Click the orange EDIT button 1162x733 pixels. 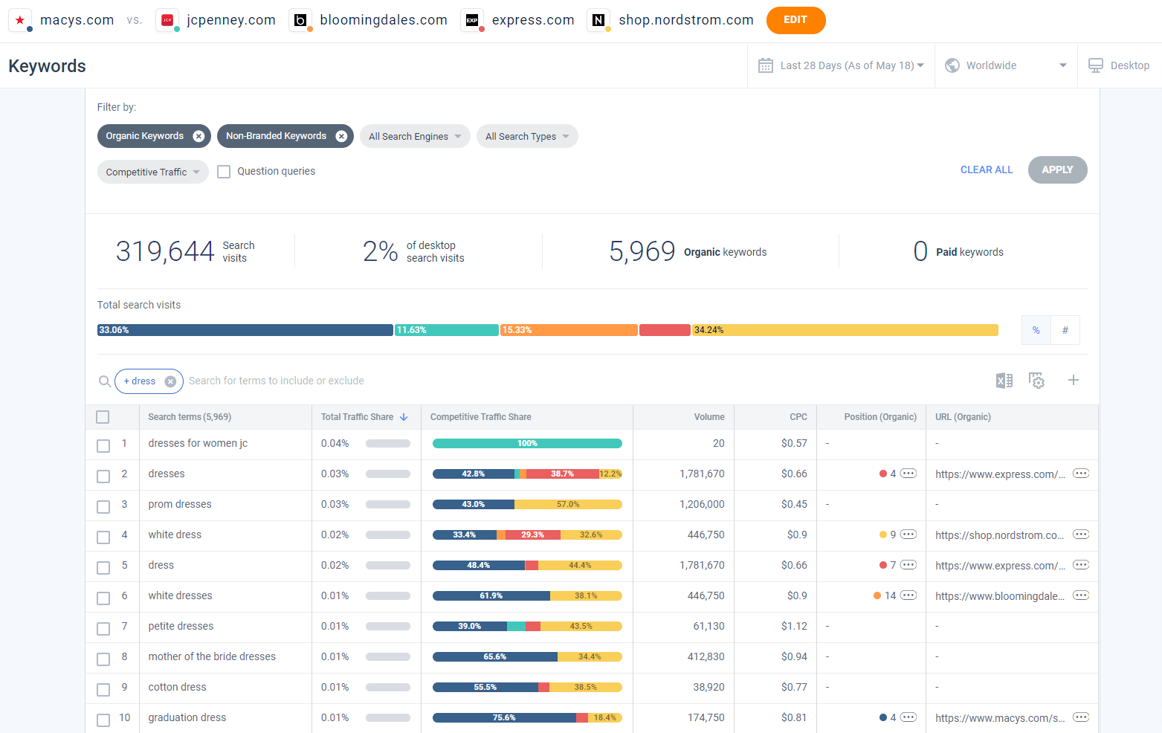point(795,20)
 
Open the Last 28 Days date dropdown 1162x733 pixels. point(841,65)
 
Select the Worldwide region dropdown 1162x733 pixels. point(1005,65)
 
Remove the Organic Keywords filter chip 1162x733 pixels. point(198,136)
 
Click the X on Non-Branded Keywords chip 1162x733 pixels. point(341,136)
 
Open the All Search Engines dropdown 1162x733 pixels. point(415,136)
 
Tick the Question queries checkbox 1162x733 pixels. point(224,172)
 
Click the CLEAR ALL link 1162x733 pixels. point(986,169)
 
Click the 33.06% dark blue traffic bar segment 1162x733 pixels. point(245,330)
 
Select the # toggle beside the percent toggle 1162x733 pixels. point(1065,330)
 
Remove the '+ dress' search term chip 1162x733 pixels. point(170,381)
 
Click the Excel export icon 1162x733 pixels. point(1004,381)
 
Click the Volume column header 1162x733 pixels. point(709,417)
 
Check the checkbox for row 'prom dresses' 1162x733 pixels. point(103,507)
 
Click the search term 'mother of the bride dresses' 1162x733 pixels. point(212,656)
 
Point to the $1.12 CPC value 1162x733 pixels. point(793,626)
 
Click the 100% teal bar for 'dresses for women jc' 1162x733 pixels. point(526,444)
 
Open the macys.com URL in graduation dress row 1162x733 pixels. point(999,717)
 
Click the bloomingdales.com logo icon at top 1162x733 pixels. point(300,20)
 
